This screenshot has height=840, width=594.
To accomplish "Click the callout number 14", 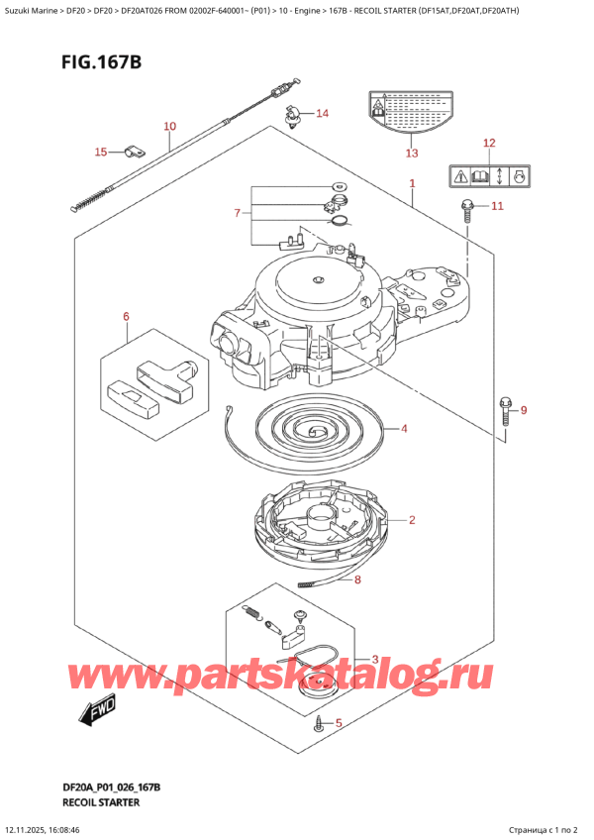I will pos(322,113).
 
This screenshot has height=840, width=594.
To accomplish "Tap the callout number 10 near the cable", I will pos(169,126).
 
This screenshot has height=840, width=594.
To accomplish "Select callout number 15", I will pos(100,152).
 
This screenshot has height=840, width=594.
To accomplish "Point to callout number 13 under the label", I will pos(412,153).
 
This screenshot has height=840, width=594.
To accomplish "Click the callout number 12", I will pos(488,144).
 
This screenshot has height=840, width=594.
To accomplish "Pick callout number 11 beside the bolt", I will pos(497,206).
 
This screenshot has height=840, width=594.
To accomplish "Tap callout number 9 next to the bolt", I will pos(524,410).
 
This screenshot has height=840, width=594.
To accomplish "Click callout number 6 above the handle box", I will pos(126,317).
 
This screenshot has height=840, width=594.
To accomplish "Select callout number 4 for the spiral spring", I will pos(404,429).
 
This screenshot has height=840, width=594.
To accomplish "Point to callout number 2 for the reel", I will pos(411,519).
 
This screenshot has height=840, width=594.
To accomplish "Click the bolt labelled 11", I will pos(465,209).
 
